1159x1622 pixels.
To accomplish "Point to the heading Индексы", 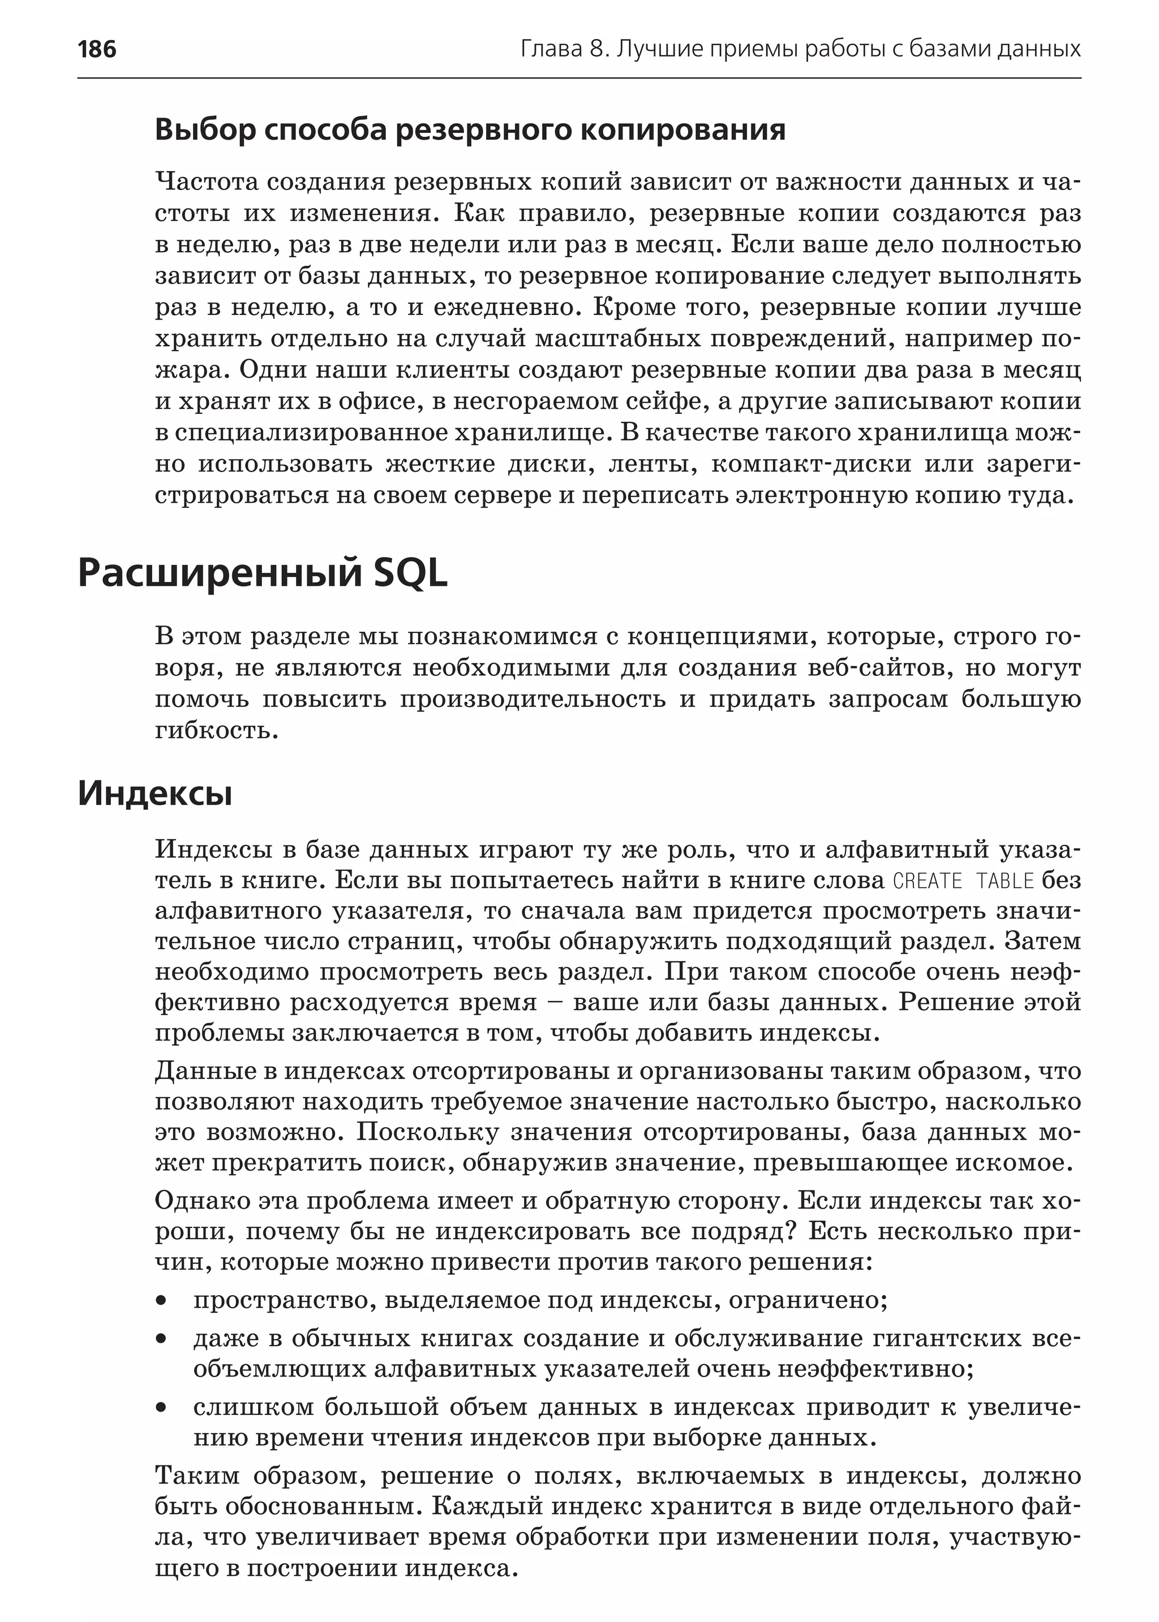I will [x=155, y=793].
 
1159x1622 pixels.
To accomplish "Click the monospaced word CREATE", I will [x=927, y=882].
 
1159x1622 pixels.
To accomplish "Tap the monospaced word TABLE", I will [x=1005, y=882].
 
